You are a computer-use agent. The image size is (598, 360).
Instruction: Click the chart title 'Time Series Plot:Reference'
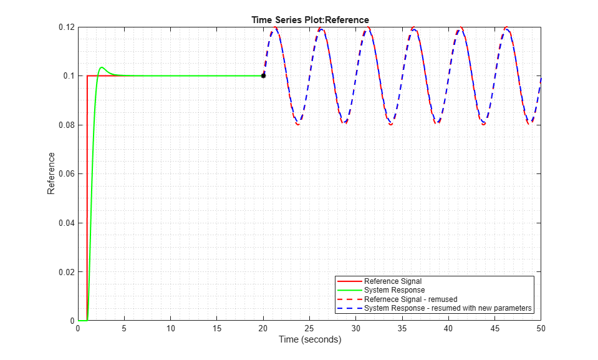(309, 21)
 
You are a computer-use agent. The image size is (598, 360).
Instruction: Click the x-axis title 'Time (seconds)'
(309, 340)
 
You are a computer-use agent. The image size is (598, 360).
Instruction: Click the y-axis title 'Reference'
(51, 173)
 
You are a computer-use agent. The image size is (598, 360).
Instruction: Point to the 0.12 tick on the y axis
(65, 27)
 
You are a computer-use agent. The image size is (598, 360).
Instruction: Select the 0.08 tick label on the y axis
(65, 125)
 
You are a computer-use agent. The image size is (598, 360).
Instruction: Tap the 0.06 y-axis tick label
(65, 174)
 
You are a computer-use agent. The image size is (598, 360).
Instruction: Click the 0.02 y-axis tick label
(65, 272)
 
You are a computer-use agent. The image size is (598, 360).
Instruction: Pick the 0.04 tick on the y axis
(65, 223)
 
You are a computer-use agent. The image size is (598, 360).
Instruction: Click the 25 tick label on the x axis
(310, 329)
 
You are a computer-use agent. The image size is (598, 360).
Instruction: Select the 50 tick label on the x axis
(541, 329)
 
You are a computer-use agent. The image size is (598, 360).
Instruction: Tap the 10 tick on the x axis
(171, 329)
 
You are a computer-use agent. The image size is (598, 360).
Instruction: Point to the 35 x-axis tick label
(402, 329)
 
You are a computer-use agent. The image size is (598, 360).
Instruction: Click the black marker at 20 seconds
(263, 75)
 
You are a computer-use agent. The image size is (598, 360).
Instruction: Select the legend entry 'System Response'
(394, 290)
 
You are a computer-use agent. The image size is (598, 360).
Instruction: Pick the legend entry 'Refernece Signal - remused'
(411, 299)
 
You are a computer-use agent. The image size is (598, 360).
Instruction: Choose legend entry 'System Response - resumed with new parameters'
(448, 308)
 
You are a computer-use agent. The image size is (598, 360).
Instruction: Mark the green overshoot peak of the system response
(102, 67)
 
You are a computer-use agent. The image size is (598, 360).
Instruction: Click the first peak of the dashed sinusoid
(275, 27)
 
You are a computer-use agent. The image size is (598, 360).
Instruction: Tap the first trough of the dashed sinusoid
(298, 124)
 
